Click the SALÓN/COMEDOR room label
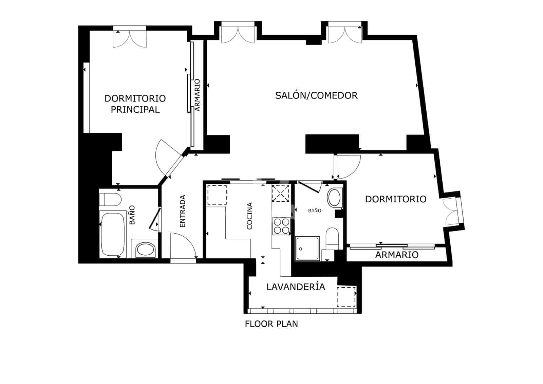pos(316,95)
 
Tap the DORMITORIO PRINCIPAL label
pos(135,104)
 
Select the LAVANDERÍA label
pos(296,287)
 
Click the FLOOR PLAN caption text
pos(271,324)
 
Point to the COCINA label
pos(249,216)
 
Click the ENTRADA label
pos(182,211)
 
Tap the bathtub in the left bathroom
pos(112,234)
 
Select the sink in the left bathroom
pos(145,250)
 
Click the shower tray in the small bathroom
pos(307,249)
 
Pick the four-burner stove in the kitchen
pos(281,226)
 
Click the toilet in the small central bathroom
pos(332,238)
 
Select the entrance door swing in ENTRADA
pos(182,245)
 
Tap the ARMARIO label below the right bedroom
pos(396,255)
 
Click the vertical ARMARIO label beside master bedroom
pos(197,95)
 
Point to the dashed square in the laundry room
pos(346,297)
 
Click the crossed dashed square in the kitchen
pos(280,194)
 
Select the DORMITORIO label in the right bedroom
pos(395,199)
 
